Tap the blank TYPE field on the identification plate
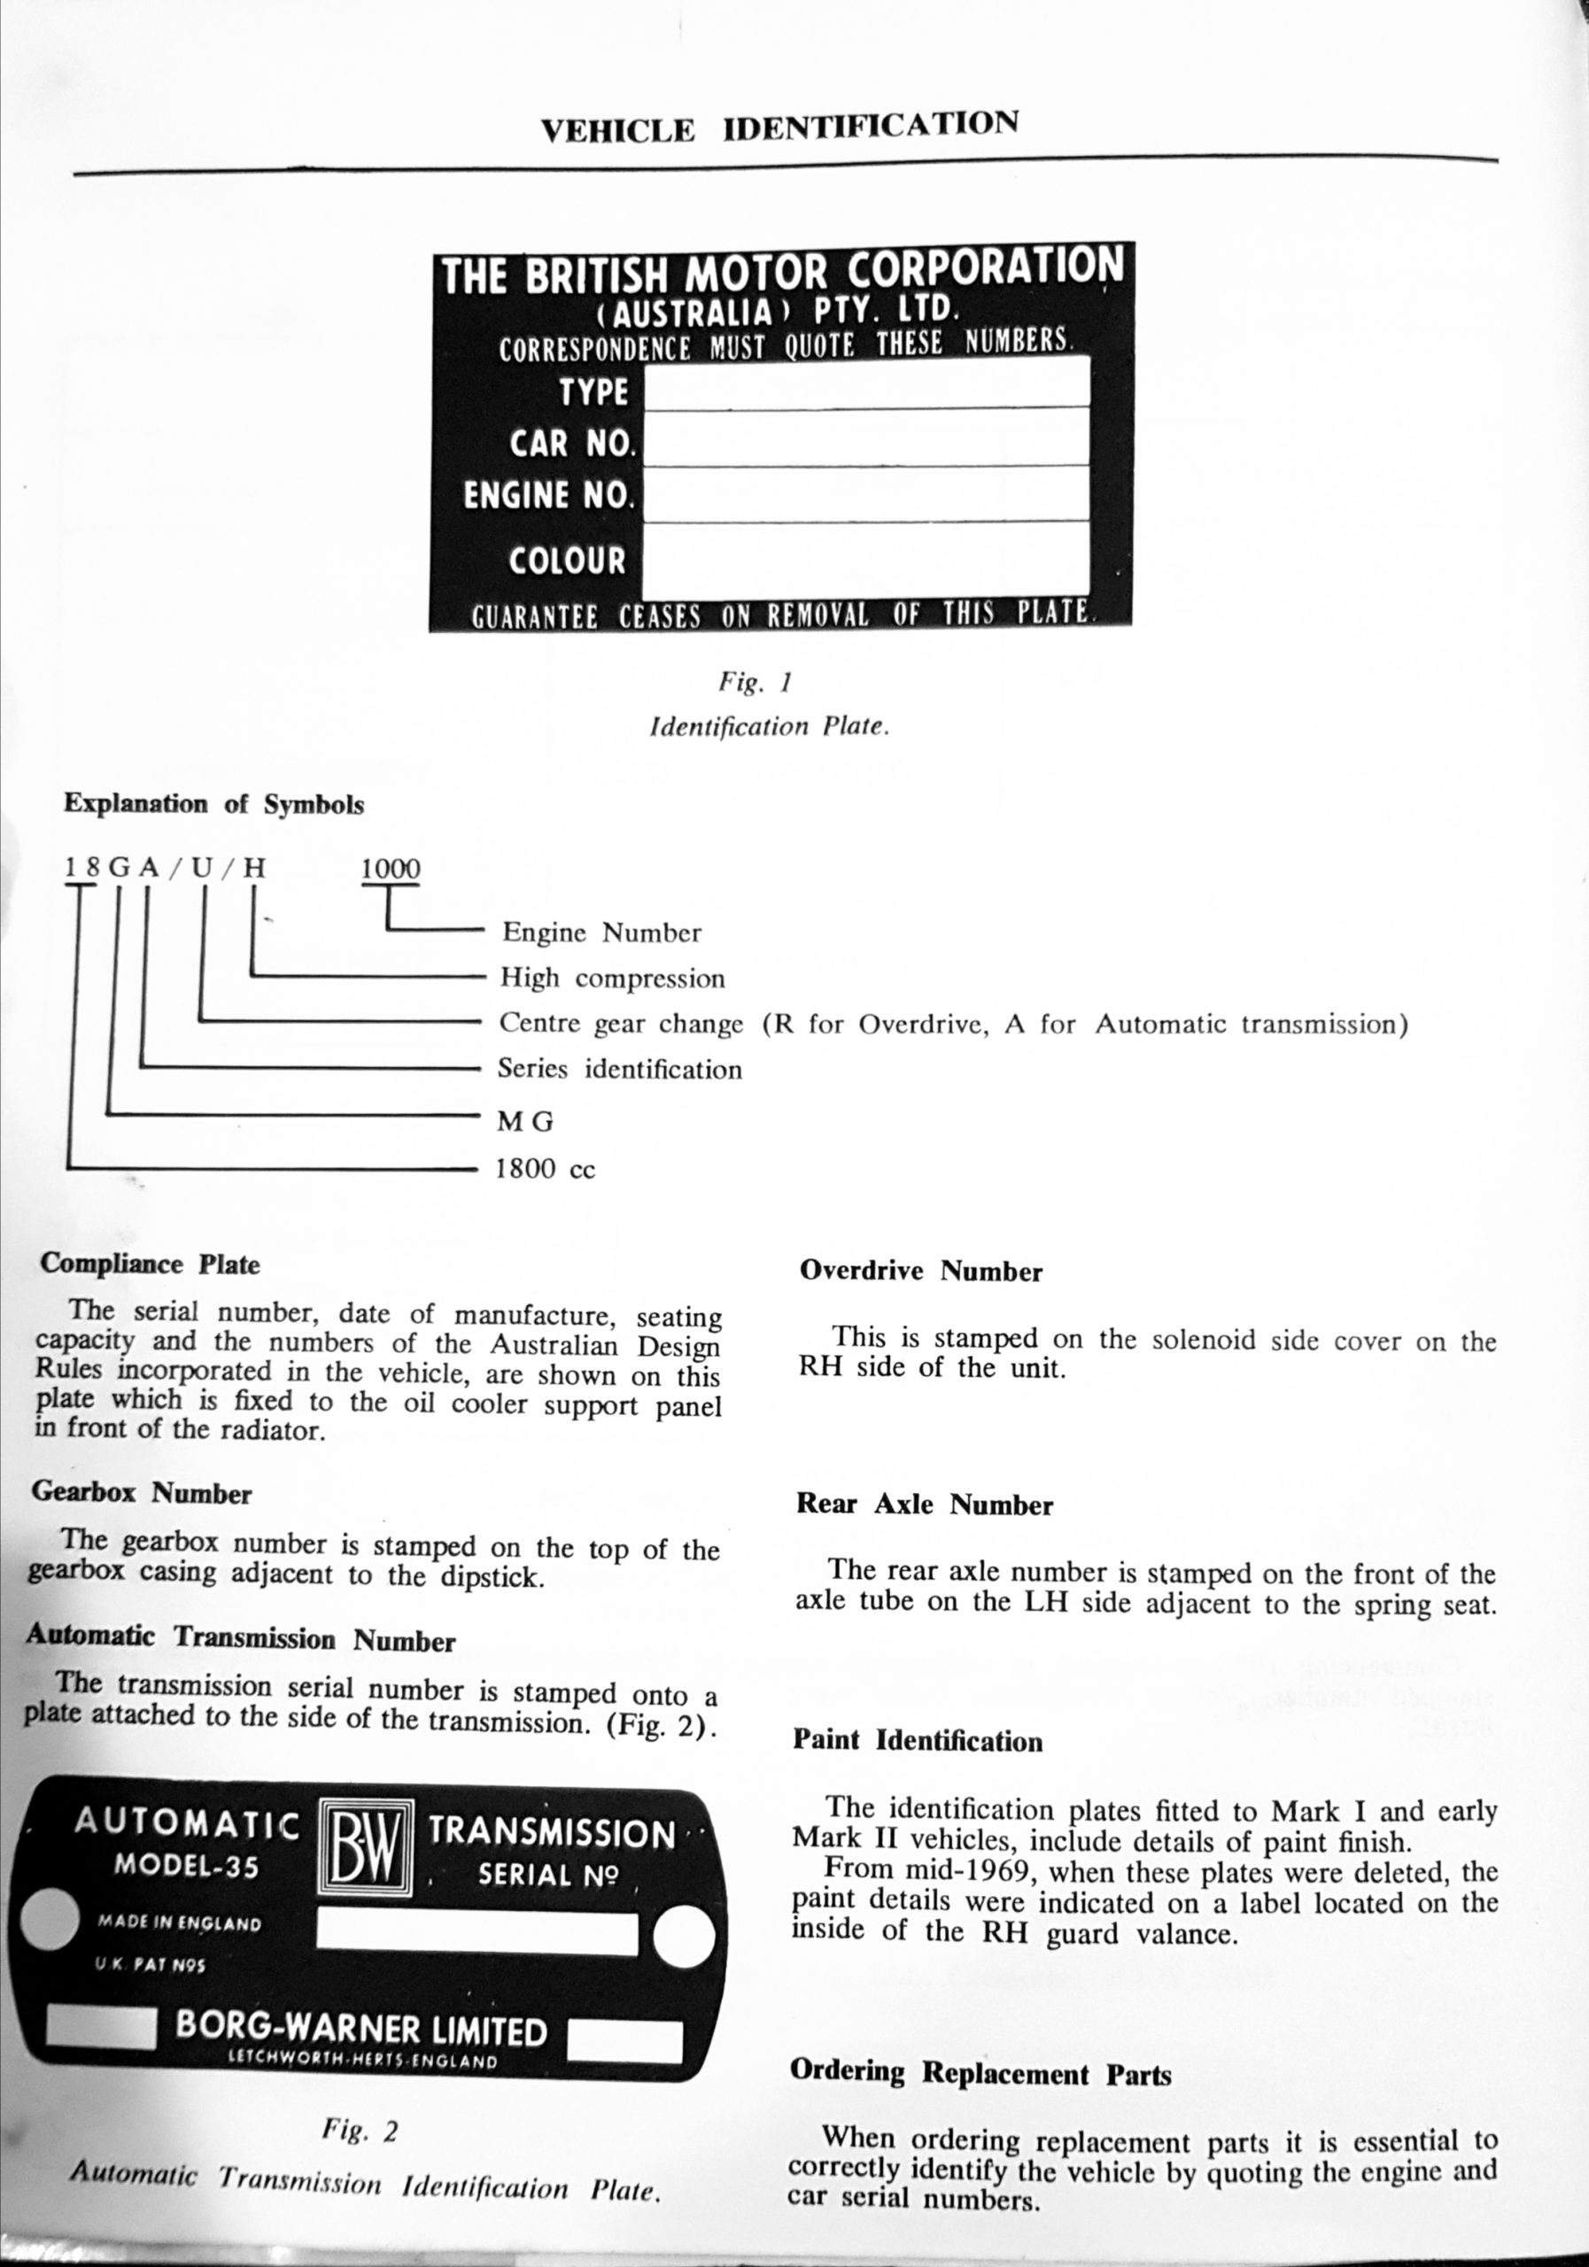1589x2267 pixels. pyautogui.click(x=866, y=382)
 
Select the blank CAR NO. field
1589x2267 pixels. pyautogui.click(x=866, y=437)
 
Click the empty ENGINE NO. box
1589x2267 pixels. pyautogui.click(x=866, y=492)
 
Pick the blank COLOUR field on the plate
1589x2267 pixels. pyautogui.click(x=866, y=558)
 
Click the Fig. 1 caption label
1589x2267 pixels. pyautogui.click(x=756, y=682)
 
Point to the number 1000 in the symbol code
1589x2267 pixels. pyautogui.click(x=390, y=869)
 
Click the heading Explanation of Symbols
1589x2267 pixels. pyautogui.click(x=213, y=804)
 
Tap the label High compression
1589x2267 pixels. pyautogui.click(x=612, y=979)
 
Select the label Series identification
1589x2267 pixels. pyautogui.click(x=619, y=1070)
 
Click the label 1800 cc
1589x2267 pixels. pyautogui.click(x=545, y=1170)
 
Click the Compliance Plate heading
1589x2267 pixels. pyautogui.click(x=150, y=1265)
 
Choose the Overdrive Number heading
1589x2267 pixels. pyautogui.click(x=920, y=1271)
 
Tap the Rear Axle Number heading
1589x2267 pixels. pyautogui.click(x=925, y=1505)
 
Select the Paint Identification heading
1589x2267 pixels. pyautogui.click(x=918, y=1741)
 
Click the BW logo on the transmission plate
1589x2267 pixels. pyautogui.click(x=366, y=1844)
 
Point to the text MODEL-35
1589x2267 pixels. pyautogui.click(x=187, y=1864)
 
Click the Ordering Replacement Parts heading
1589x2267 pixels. pyautogui.click(x=981, y=2073)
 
